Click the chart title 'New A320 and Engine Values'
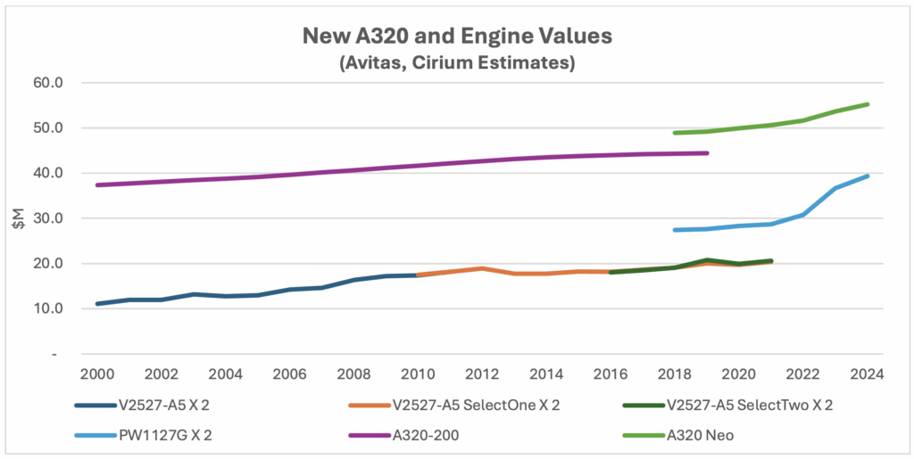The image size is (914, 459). coord(457,37)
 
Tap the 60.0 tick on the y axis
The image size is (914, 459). coord(67,83)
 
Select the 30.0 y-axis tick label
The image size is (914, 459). coord(67,218)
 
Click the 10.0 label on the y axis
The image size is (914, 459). coord(67,309)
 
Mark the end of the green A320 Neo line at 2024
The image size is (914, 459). coord(867,104)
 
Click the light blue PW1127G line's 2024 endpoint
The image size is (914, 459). coord(867,176)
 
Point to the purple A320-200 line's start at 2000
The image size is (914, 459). coord(97,184)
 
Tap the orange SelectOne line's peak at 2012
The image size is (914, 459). coord(482,268)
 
